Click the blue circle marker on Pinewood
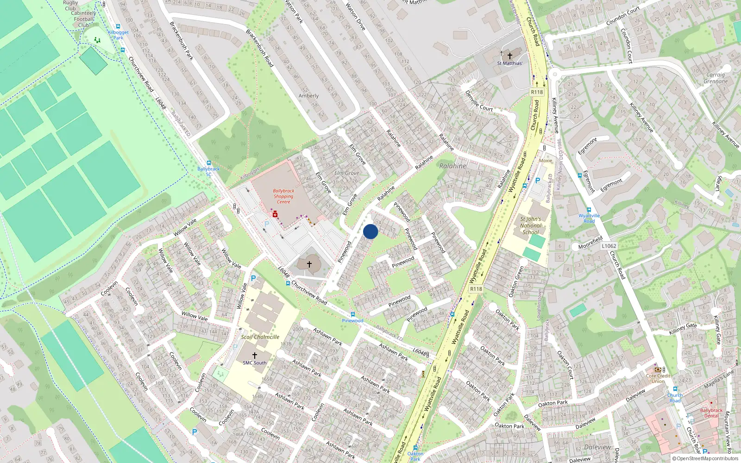370,231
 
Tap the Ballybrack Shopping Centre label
283,196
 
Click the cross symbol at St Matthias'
510,56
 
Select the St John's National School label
530,225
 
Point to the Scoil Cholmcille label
260,337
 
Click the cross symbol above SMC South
254,355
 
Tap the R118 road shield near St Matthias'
537,92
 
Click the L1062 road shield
609,246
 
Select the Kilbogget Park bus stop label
118,35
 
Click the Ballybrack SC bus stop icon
208,163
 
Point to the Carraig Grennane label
716,78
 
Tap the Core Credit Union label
658,378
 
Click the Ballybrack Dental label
711,413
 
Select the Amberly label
308,96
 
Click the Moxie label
546,161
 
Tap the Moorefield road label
590,242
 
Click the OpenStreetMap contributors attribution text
705,459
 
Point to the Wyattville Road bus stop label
589,218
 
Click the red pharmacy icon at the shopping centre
275,214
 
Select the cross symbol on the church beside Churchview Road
309,264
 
